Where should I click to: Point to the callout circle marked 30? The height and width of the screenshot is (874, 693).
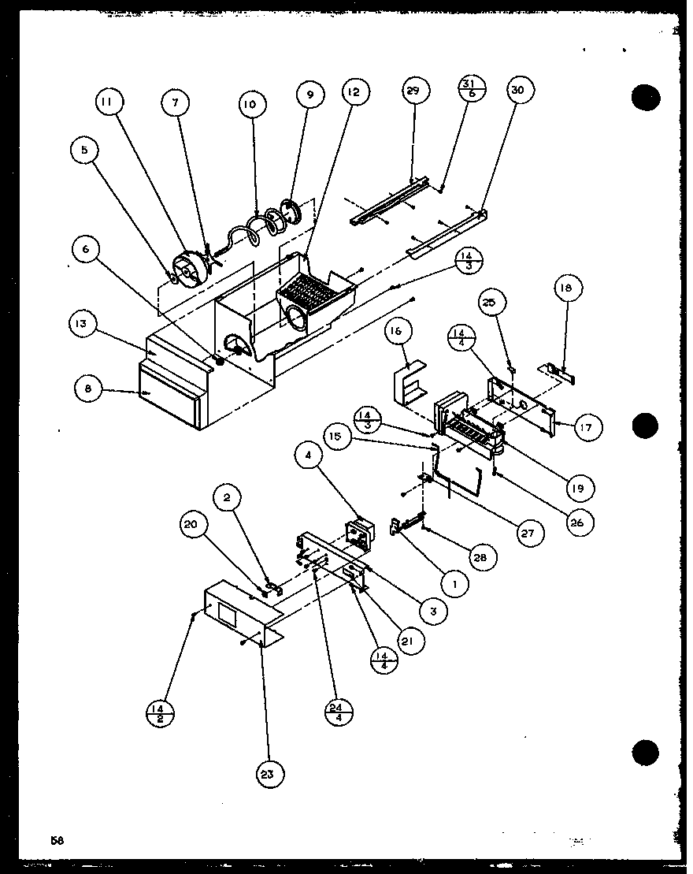point(517,91)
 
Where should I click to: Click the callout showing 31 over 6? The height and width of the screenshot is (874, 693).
point(467,91)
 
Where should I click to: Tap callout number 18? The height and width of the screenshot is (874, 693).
point(568,288)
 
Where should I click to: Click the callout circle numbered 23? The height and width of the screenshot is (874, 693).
point(269,775)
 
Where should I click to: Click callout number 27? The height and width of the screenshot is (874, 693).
point(526,534)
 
